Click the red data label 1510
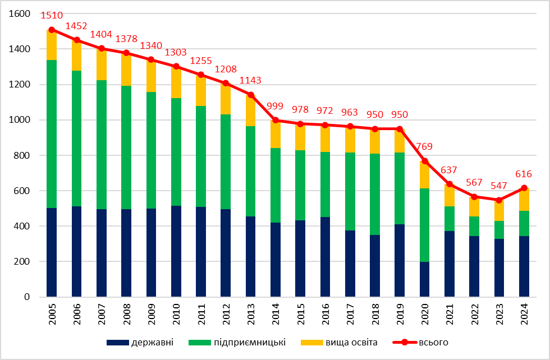[52, 16]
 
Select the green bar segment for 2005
[52, 133]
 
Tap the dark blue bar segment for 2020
[425, 279]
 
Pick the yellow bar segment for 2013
[251, 110]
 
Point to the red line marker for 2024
[524, 188]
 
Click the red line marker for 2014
[276, 120]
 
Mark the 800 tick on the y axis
[22, 155]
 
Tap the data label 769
[425, 147]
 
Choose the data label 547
[499, 185]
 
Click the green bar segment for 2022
[474, 226]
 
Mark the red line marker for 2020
[425, 161]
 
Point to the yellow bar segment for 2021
[450, 195]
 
